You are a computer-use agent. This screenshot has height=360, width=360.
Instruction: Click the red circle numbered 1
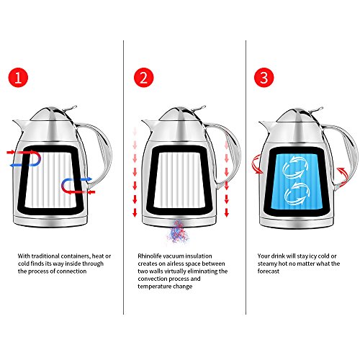(x=18, y=78)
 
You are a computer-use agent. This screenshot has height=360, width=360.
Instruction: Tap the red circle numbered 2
(x=143, y=78)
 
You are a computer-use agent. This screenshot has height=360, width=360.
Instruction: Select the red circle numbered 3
(x=264, y=78)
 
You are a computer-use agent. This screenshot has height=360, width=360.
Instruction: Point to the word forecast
(x=269, y=271)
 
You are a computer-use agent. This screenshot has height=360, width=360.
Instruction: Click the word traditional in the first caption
(x=45, y=256)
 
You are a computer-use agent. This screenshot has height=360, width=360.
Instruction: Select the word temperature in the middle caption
(x=153, y=287)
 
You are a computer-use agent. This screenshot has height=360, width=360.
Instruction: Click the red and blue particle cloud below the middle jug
(x=178, y=232)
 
